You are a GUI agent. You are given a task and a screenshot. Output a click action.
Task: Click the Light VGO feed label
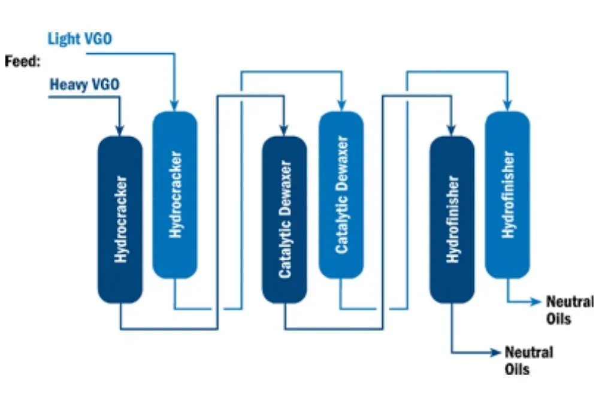pos(80,40)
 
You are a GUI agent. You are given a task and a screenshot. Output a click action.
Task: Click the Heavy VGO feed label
pos(84,84)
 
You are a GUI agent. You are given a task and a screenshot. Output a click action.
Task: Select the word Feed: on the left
pos(22,61)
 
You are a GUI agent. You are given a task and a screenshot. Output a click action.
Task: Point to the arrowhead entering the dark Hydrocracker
pos(120,130)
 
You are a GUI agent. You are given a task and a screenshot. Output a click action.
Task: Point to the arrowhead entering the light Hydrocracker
pos(175,105)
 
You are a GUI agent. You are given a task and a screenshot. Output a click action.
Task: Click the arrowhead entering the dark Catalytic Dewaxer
pos(285,130)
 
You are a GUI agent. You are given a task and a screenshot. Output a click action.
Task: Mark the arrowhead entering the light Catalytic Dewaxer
pos(341,105)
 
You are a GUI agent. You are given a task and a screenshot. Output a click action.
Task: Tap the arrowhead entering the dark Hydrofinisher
pos(452,130)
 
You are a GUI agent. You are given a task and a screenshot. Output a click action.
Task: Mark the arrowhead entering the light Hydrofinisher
pos(507,105)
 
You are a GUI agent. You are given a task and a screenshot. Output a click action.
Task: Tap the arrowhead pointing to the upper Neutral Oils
pos(537,302)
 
